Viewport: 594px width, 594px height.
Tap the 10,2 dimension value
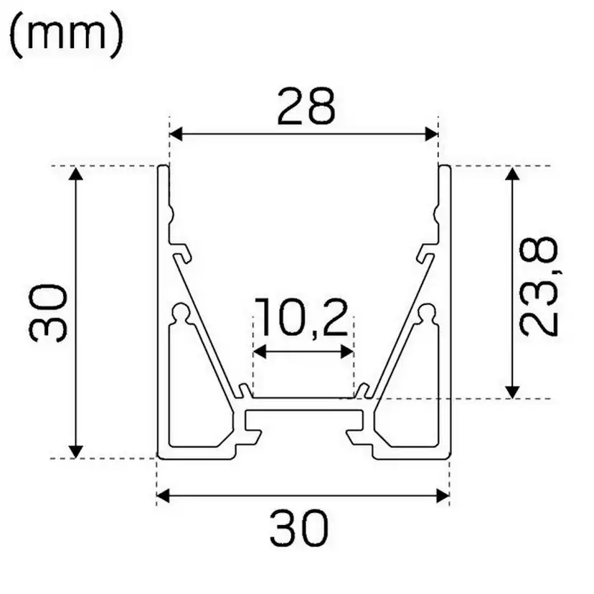tap(303, 319)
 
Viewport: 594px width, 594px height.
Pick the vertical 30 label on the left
tap(49, 312)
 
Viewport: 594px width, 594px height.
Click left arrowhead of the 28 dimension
tap(176, 134)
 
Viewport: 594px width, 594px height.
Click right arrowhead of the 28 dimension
tap(432, 134)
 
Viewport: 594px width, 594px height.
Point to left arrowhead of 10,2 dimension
tap(260, 352)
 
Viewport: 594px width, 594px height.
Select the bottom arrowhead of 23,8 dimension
tap(511, 391)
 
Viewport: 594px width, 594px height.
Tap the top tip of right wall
tap(444, 167)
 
